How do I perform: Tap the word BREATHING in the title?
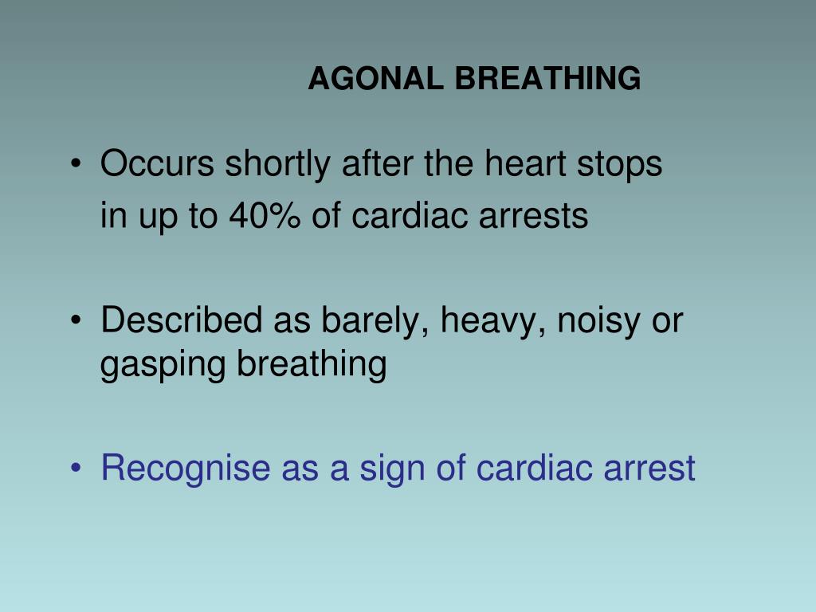547,79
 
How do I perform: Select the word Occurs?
157,164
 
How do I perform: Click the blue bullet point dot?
76,468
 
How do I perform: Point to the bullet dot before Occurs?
76,165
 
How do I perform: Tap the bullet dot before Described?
76,320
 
